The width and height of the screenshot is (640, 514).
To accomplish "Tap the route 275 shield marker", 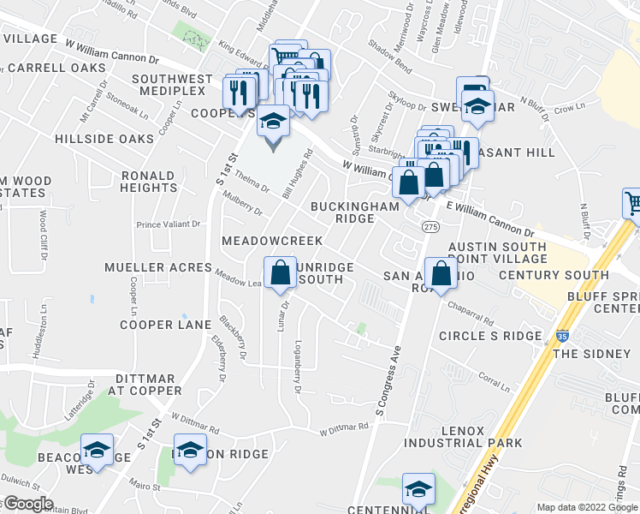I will (430, 227).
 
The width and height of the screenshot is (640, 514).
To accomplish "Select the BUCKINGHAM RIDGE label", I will (354, 212).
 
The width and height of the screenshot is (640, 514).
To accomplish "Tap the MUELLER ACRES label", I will (157, 267).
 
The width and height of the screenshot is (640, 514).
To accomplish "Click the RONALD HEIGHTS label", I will (148, 182).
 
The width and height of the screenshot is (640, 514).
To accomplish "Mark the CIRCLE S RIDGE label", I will (490, 336).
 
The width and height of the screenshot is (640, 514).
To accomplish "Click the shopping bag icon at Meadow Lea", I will (280, 273).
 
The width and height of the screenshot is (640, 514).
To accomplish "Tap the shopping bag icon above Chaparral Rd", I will (441, 274).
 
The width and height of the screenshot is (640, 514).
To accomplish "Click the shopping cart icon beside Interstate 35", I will (632, 205).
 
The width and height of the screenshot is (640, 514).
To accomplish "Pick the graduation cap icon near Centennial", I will (418, 489).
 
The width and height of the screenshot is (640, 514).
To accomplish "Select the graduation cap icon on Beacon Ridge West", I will (98, 450).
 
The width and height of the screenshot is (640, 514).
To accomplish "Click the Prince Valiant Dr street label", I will (168, 224).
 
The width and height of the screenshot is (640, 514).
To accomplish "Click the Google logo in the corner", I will (27, 504).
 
